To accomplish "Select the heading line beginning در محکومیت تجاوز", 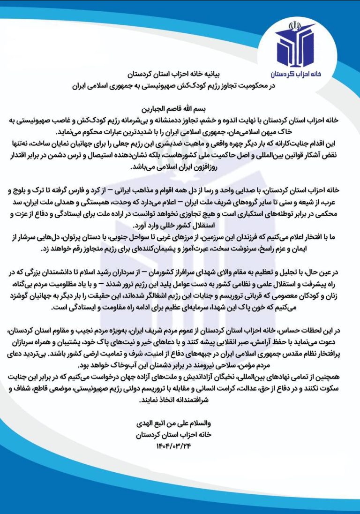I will pos(180,86).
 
